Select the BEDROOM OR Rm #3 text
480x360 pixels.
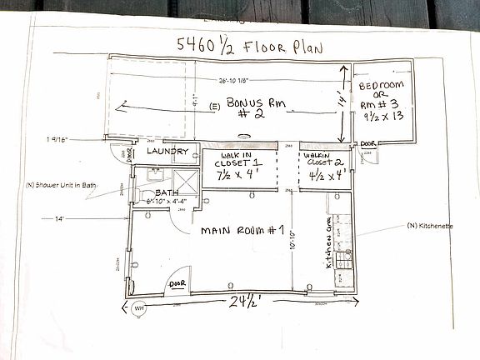click(382, 101)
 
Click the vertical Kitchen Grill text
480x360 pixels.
click(329, 241)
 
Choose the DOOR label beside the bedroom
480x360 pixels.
click(370, 142)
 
